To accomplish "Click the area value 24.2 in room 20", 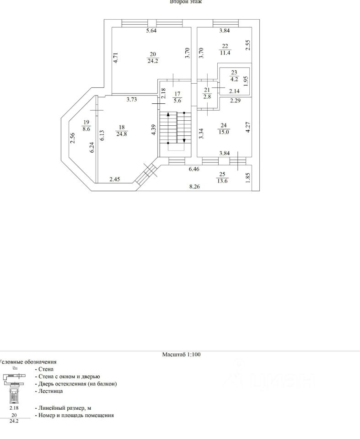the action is tap(152, 60).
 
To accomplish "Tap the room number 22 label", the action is tap(225, 46).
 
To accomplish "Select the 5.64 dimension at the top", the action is tap(151, 31).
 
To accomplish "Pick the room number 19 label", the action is tap(86, 122).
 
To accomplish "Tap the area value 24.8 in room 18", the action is tap(121, 134).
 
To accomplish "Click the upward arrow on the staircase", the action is tap(168, 114).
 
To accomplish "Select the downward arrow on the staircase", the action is tap(184, 140).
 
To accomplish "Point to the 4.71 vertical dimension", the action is tap(116, 59).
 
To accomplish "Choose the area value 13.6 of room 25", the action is tap(222, 181).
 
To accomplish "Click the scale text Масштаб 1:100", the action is tap(182, 354).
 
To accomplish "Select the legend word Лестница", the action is tap(48, 391).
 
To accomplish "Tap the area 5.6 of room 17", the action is tap(177, 102).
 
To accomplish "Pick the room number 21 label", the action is tap(206, 90).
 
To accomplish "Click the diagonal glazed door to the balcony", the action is tap(147, 174).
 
